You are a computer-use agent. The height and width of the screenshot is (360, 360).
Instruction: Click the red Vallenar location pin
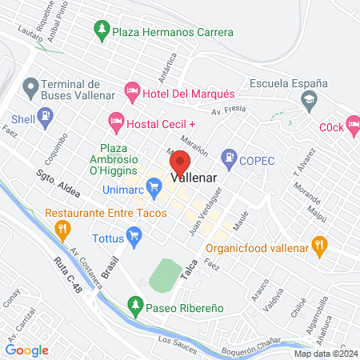pos(180,169)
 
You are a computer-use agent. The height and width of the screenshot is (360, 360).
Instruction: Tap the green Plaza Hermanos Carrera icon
pos(102,32)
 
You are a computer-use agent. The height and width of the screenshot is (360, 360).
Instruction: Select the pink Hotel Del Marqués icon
pos(132,93)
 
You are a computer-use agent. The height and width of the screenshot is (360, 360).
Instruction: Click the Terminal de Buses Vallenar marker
pos(31,85)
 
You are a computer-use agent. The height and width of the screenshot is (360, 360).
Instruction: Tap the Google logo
pos(27,350)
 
